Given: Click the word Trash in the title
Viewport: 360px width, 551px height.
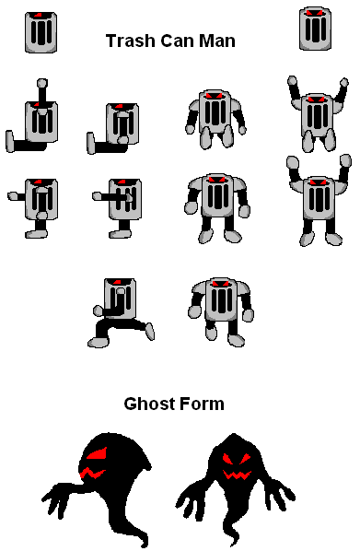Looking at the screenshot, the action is [x=131, y=41].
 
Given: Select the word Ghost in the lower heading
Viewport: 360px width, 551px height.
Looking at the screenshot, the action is [x=149, y=404].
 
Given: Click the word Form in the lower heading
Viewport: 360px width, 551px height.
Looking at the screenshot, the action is [x=202, y=404].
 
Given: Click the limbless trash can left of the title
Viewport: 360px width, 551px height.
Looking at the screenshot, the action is [x=41, y=32].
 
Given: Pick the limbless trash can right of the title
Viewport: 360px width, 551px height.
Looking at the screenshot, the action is [x=315, y=29].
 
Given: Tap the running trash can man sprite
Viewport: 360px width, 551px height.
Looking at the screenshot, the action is [x=120, y=312].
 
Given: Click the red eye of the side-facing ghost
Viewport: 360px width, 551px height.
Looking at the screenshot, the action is [x=97, y=454].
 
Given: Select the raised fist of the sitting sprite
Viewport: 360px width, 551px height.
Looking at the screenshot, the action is [x=42, y=83].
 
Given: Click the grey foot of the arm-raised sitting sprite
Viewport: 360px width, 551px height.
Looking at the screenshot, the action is [x=10, y=141].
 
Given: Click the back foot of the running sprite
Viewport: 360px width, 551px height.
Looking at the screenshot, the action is [x=150, y=332].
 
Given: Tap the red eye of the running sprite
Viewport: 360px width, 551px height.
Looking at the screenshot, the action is [x=117, y=282].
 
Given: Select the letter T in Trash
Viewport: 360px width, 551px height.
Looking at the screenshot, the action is [x=111, y=41].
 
